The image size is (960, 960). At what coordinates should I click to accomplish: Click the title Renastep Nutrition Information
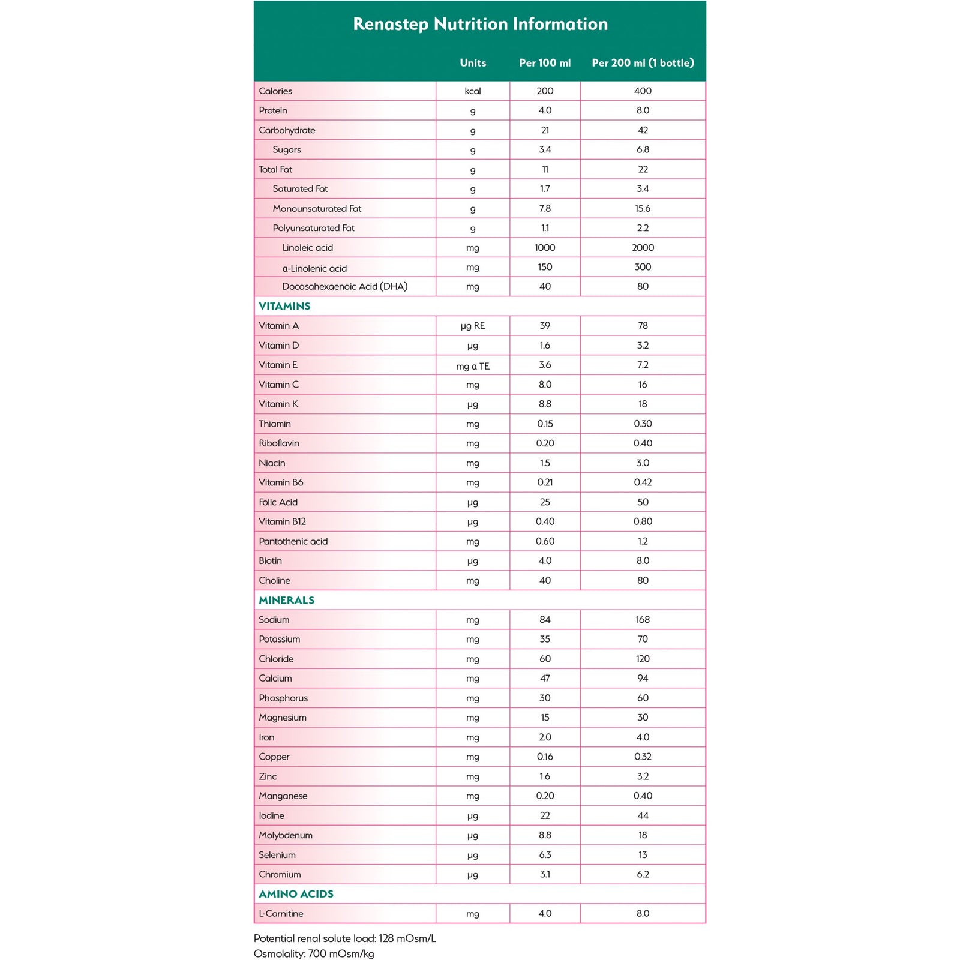point(480,24)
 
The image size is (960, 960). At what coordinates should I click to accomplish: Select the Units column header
point(473,63)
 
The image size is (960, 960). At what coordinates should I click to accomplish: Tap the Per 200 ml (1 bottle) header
point(643,63)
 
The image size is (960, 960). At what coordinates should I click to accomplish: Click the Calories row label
point(275,91)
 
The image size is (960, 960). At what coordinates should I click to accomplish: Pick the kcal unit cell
point(473,91)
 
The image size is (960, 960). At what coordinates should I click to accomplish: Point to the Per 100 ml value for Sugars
point(545,149)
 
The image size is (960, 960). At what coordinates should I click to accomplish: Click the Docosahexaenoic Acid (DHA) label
point(344,287)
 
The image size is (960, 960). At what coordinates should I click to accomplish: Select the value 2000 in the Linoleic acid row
point(643,248)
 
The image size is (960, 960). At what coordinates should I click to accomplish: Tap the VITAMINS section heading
point(284,306)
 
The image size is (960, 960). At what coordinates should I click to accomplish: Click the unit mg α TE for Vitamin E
point(473,366)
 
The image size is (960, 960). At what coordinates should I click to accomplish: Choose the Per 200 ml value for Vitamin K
point(643,404)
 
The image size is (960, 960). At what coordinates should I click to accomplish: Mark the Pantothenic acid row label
point(293,541)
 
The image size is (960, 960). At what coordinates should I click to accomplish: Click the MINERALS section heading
point(286,600)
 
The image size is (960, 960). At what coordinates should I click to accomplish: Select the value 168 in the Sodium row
point(643,620)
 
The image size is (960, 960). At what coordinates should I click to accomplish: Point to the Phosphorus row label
point(283,698)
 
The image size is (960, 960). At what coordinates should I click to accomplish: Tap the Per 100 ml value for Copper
point(545,757)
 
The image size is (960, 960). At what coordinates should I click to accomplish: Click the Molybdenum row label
point(286,835)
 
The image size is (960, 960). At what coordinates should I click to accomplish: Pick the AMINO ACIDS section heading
point(296,894)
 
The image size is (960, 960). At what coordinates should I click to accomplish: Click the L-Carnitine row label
point(281,914)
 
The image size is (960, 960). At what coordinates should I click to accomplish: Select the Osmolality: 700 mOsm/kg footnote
point(314,954)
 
